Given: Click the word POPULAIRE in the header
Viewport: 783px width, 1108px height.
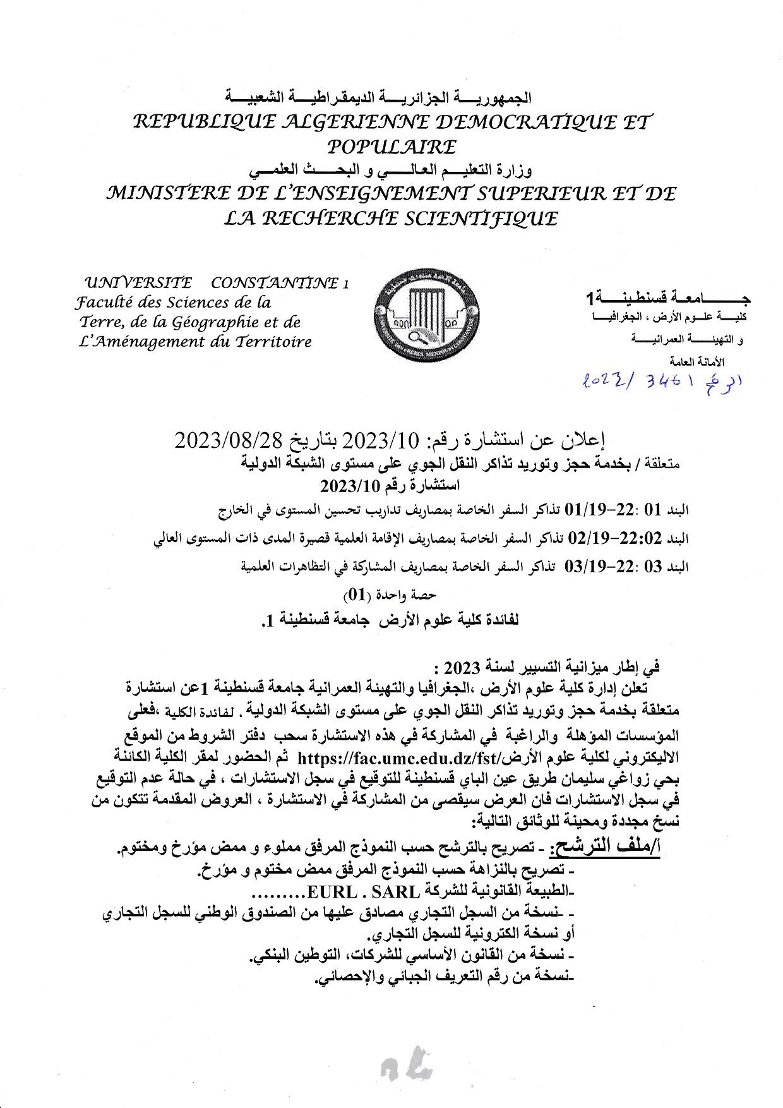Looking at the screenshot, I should coord(391,147).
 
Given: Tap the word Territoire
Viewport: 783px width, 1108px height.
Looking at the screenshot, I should coord(273,342).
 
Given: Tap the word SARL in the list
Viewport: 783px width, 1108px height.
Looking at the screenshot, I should coord(397,892).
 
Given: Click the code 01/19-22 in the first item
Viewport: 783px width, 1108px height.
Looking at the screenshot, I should coord(593,509).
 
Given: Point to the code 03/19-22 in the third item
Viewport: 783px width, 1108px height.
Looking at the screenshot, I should coord(593,567).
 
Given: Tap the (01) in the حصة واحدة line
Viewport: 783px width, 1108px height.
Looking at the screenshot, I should coord(354,595).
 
